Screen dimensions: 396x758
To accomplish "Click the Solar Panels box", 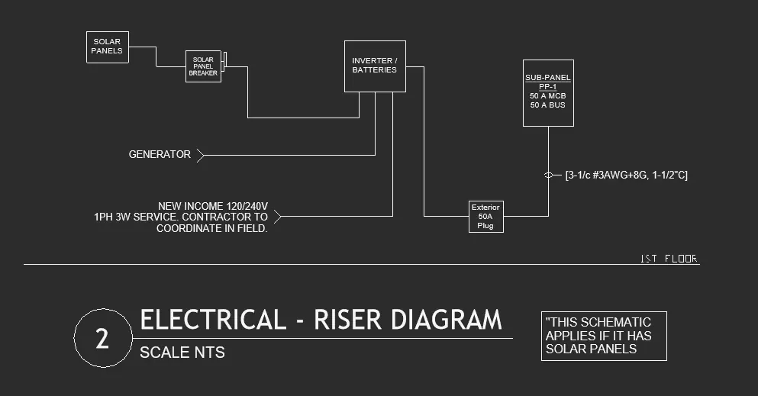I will point(108,47).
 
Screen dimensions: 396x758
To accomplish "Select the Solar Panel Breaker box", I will point(203,66).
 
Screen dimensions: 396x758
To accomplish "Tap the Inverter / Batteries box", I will point(374,66).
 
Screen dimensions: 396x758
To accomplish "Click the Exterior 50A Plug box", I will point(485,217).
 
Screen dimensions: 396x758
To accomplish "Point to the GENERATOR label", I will point(160,155).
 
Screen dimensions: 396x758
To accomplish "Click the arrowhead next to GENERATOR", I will point(200,156).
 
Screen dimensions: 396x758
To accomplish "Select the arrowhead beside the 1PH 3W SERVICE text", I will point(277,217).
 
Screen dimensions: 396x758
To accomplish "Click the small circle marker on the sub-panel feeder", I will point(548,175).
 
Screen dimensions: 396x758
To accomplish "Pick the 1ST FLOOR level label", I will point(669,259).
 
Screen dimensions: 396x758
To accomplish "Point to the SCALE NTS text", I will point(182,353).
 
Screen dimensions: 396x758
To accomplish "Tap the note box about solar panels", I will point(604,336).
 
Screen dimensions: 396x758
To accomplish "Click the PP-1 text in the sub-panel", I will point(547,87).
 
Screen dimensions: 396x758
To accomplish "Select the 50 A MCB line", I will point(547,96).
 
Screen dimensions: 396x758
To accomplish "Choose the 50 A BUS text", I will point(547,105).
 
